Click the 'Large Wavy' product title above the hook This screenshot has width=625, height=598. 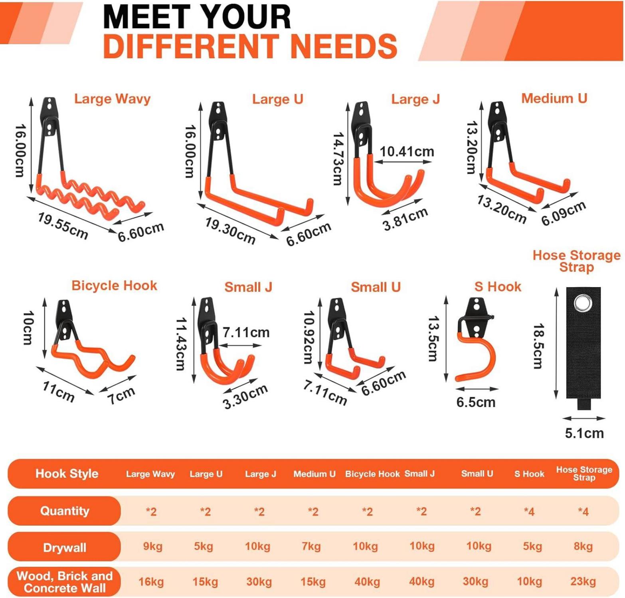112,99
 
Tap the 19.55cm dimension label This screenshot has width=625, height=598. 63,226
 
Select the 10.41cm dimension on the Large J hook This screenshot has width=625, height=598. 407,151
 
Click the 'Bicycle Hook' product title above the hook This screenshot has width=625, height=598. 114,285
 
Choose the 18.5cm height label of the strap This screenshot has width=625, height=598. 538,346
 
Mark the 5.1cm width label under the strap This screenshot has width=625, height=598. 584,433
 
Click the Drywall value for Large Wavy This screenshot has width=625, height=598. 152,546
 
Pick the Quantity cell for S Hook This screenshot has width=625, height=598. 529,511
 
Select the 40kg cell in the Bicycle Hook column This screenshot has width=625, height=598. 367,582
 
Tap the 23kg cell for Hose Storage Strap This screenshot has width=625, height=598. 583,582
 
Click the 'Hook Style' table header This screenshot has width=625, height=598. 67,474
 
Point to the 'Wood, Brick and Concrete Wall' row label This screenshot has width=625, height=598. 65,582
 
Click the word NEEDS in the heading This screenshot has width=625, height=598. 344,46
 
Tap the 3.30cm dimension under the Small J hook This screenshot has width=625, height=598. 245,397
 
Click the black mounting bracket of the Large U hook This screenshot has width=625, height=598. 219,121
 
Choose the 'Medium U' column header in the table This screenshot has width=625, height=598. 314,474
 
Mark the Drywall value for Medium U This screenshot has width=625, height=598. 311,546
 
